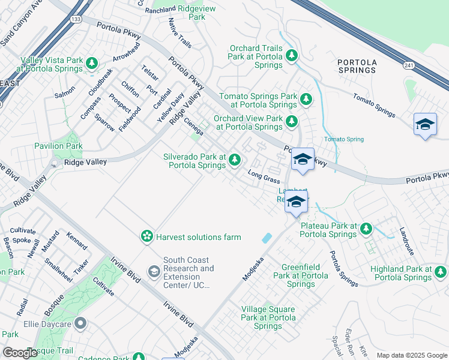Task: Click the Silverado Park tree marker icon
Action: click(235, 160)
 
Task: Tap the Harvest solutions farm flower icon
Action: click(146, 237)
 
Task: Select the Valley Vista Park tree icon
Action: click(92, 62)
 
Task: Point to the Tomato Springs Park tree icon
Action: click(306, 98)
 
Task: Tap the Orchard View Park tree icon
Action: click(292, 121)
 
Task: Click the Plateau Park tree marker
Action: click(366, 229)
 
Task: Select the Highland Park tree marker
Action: click(440, 274)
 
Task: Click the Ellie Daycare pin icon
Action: click(80, 325)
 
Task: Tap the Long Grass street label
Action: click(264, 177)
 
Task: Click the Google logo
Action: click(20, 353)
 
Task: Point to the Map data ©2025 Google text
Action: click(411, 355)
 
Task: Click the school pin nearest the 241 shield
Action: click(425, 124)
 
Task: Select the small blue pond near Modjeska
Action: click(266, 238)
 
